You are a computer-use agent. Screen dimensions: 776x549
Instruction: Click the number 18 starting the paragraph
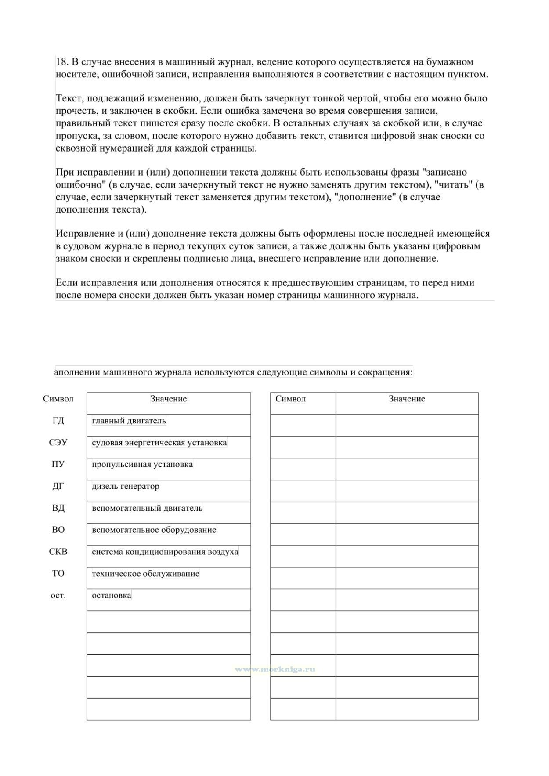[61, 62]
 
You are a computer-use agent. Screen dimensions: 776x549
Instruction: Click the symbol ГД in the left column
[58, 421]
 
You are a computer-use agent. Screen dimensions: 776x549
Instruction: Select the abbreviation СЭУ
[58, 443]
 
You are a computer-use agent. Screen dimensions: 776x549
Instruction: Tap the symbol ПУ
[58, 465]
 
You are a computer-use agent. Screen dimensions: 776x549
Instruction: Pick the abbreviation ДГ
[58, 486]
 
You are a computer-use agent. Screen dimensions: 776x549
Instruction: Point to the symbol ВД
[58, 508]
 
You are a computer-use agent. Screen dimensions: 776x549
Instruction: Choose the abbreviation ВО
[58, 530]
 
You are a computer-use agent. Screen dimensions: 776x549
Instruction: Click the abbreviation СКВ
[58, 552]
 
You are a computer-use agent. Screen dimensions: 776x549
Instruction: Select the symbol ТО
[58, 574]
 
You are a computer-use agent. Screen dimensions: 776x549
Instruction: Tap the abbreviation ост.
[58, 596]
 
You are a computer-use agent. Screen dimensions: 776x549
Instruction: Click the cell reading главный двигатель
[129, 421]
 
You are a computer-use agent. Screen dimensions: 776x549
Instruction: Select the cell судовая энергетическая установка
[159, 443]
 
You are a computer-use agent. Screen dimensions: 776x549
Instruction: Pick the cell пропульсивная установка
[142, 465]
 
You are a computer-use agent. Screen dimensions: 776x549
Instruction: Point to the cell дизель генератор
[126, 486]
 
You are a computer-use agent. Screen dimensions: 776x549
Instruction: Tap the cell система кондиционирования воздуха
[165, 552]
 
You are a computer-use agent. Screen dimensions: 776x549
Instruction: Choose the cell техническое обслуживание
[145, 574]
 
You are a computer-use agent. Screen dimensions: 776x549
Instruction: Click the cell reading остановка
[112, 596]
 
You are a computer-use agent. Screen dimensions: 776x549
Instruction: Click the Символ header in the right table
[291, 399]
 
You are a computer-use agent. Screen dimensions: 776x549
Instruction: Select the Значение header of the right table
[407, 399]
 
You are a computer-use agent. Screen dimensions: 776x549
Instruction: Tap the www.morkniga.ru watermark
[275, 670]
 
